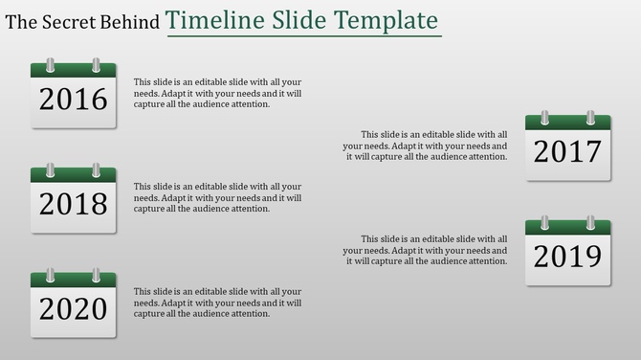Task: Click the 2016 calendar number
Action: pos(73,100)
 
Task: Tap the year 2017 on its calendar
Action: pos(567,151)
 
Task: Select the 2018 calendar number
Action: pos(73,204)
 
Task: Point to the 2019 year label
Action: pos(567,257)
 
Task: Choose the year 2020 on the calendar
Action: pos(73,308)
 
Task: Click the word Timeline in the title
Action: pos(212,21)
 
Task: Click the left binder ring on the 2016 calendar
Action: pos(51,66)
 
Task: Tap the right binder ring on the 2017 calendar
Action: pos(590,118)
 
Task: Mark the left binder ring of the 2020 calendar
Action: pos(51,276)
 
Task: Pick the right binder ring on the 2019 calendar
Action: pos(590,223)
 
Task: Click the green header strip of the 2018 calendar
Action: pos(73,176)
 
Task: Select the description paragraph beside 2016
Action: pos(217,93)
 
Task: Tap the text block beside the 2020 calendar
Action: pos(217,303)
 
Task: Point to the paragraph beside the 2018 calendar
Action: pos(217,197)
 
